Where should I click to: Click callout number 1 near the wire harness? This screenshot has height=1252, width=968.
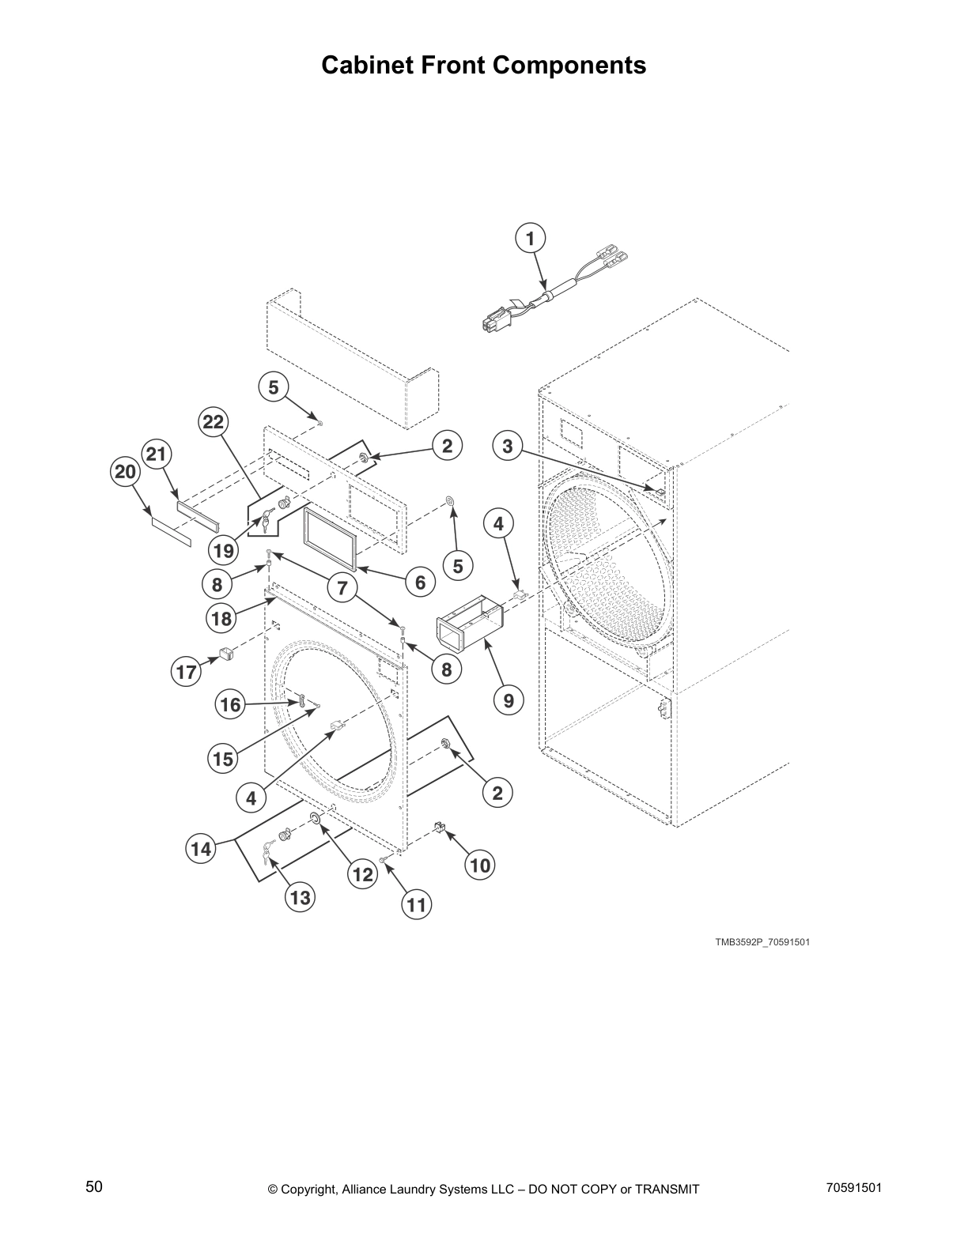530,238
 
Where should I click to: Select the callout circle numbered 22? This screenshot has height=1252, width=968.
214,422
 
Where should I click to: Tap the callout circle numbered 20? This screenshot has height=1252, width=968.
125,473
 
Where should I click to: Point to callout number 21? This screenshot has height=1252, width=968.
157,454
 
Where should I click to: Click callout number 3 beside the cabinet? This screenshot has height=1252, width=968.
508,446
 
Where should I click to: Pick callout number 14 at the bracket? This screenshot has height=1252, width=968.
201,849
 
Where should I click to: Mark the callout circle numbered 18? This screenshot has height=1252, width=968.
222,618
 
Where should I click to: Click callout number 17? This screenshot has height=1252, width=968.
186,673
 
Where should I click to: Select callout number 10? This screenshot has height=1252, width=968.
480,865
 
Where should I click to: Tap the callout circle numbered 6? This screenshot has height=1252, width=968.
420,583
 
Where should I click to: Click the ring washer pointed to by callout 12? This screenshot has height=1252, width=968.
314,816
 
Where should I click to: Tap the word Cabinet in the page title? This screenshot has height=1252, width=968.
369,65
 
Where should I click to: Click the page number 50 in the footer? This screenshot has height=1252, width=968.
94,1186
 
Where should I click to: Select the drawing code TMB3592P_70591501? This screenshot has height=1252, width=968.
762,942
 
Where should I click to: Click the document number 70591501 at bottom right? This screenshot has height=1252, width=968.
853,1186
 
